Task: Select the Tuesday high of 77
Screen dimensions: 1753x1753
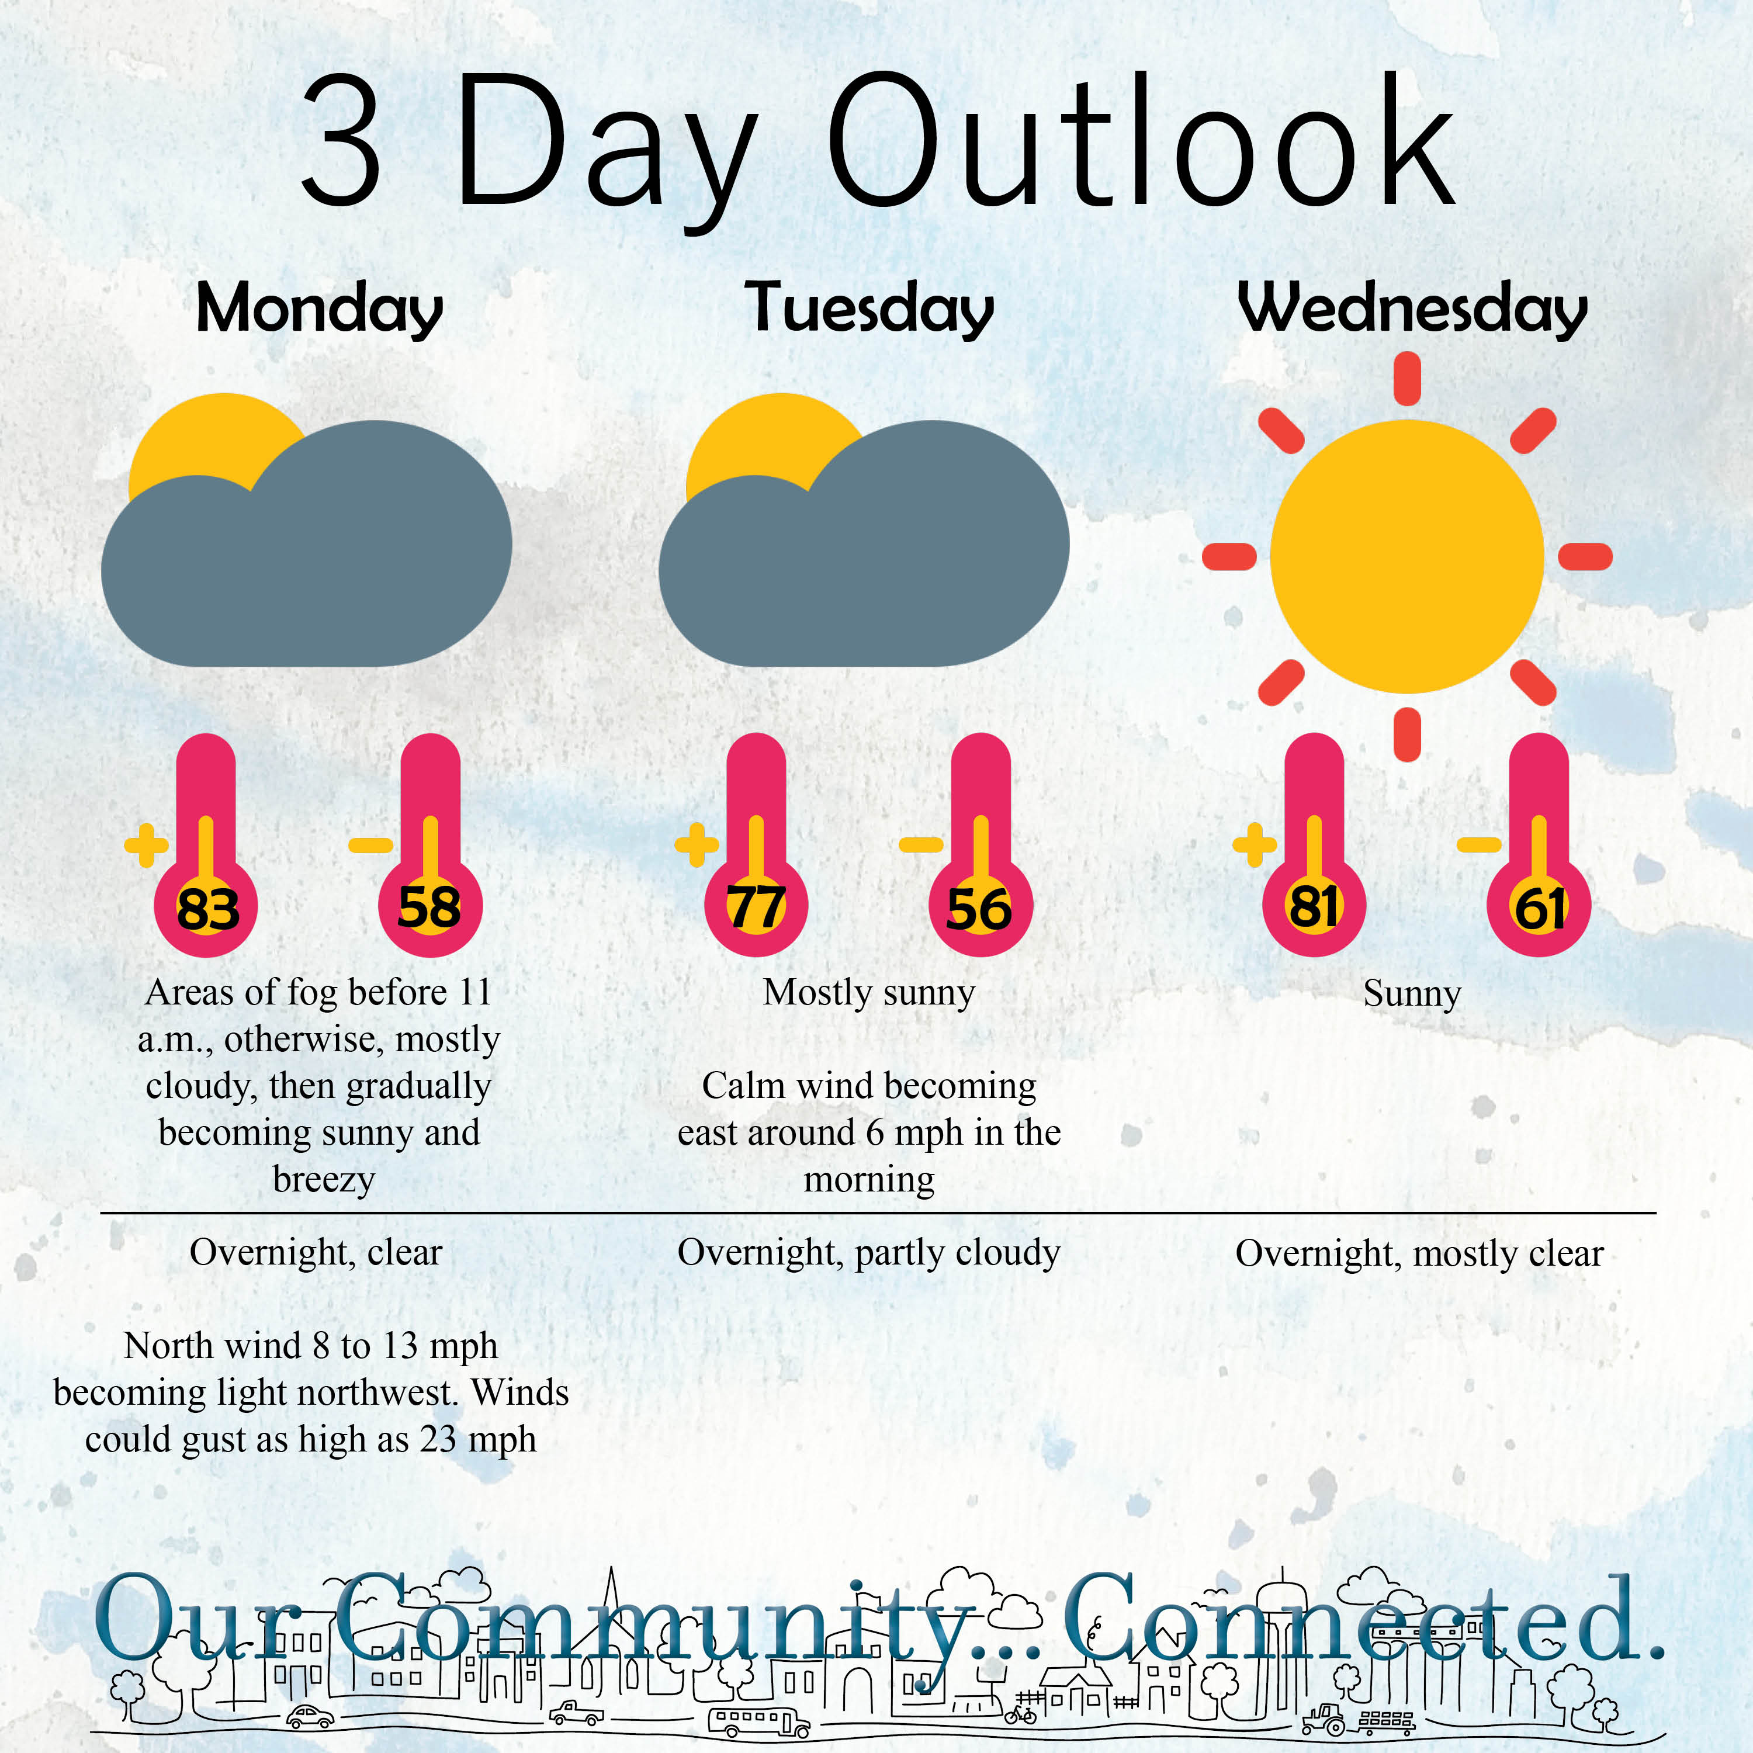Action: (x=756, y=907)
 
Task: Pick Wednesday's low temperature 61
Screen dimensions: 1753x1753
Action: (x=1539, y=908)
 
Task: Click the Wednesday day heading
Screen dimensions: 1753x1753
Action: (x=1413, y=310)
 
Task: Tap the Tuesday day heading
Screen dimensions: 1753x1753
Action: (x=869, y=310)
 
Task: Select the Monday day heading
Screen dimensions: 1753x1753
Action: (x=320, y=310)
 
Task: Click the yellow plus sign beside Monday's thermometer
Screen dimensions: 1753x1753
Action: (x=146, y=846)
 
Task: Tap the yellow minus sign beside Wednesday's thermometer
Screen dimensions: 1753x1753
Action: (x=1479, y=846)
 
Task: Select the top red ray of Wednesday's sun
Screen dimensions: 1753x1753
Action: (x=1407, y=379)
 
